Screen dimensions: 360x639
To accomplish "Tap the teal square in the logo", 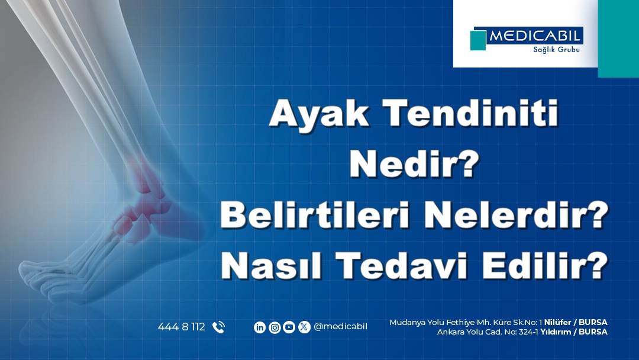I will click(x=478, y=40).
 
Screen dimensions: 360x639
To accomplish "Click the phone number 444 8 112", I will click(x=181, y=327).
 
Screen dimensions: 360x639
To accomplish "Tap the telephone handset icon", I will click(x=218, y=327).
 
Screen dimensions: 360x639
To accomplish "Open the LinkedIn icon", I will click(x=260, y=327).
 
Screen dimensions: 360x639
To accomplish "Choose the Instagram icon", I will click(x=275, y=327).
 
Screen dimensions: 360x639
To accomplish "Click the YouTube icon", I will click(x=289, y=327).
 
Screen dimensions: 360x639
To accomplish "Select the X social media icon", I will click(x=304, y=327).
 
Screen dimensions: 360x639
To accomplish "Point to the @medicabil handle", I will click(x=341, y=327).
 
